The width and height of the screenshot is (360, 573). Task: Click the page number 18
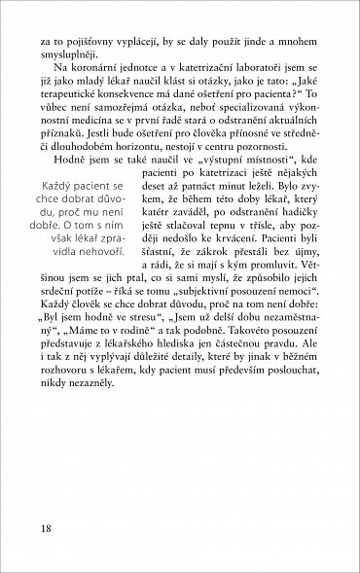tap(47, 528)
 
